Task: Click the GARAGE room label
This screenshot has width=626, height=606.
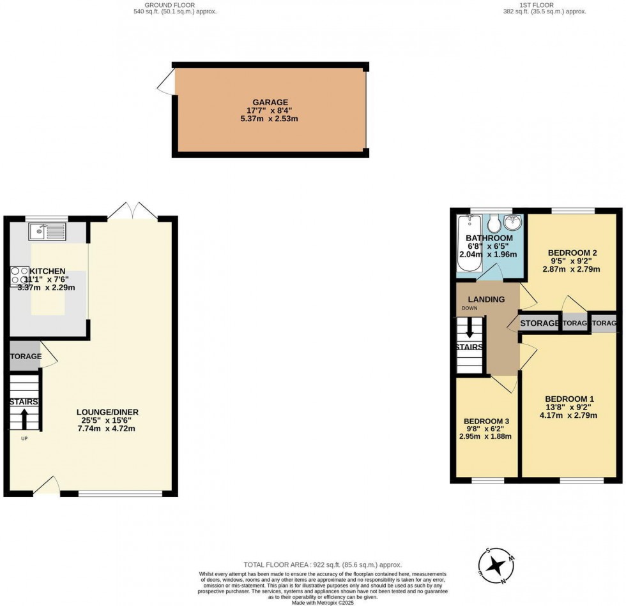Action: coord(269,102)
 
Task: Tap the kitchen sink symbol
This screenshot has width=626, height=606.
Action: coord(47,231)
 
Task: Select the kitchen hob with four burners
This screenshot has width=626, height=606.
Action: coord(19,275)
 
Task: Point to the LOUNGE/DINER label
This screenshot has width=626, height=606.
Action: coord(107,412)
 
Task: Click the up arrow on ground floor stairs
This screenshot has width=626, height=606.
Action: coord(24,420)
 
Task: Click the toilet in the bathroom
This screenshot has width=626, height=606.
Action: coord(493,224)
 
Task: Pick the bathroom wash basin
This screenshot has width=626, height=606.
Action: coord(513,224)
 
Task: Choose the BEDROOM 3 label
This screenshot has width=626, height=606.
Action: coord(487,421)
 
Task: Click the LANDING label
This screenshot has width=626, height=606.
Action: coord(486,299)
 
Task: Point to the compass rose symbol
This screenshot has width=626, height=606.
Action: coord(496,565)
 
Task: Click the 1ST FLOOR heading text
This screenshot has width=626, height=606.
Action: coord(527,5)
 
